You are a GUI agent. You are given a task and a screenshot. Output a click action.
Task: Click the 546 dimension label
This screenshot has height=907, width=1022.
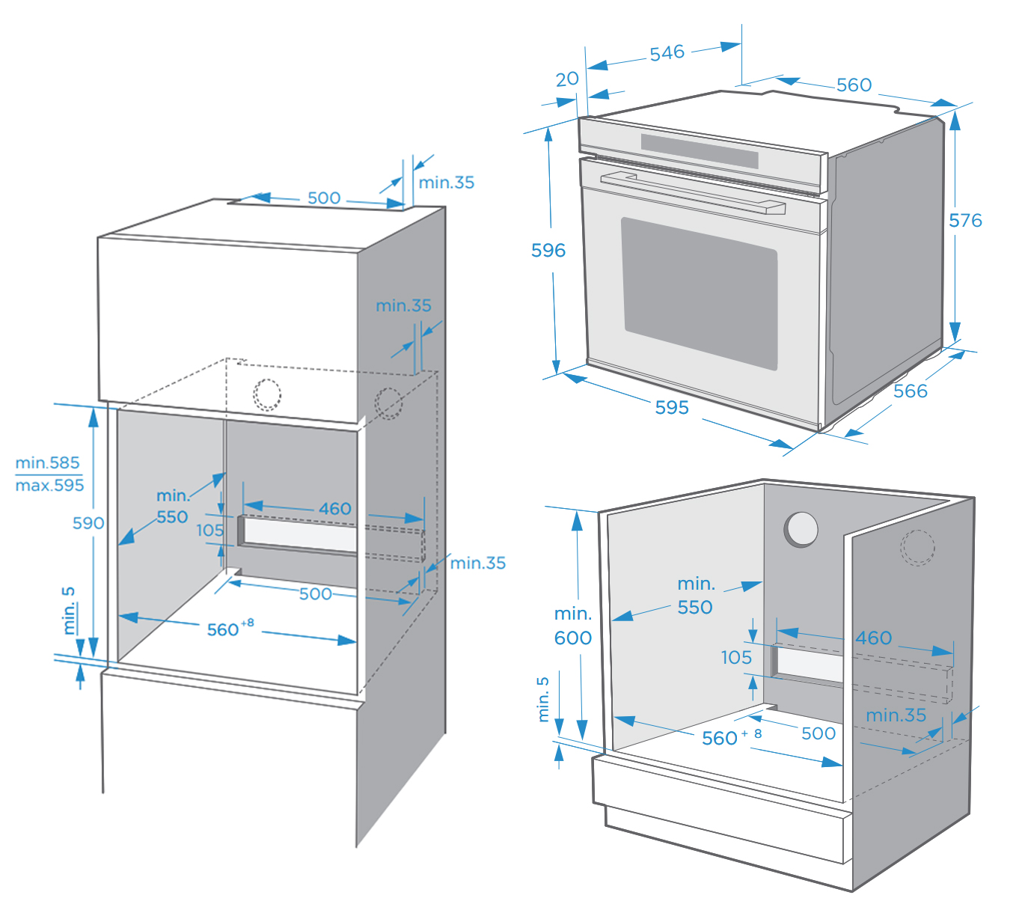(x=667, y=53)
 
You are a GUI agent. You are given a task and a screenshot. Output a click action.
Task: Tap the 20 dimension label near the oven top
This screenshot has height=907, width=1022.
(x=567, y=79)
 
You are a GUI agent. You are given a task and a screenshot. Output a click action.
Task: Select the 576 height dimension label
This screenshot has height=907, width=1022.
(x=965, y=221)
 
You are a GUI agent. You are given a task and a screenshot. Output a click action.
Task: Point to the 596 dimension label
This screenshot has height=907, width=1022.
(x=548, y=251)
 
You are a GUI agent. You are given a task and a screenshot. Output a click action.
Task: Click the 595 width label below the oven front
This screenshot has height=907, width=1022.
(x=672, y=408)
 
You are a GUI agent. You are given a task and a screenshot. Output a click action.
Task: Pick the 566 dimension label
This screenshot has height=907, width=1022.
(x=910, y=391)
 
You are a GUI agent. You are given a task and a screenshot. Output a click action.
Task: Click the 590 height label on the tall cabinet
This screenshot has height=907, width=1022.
(x=88, y=523)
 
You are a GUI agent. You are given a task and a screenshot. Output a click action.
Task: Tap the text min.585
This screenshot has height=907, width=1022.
(x=47, y=462)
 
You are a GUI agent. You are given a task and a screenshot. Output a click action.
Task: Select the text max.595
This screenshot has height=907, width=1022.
(x=49, y=486)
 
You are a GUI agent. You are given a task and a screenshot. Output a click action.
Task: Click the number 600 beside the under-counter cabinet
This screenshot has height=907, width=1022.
(x=572, y=638)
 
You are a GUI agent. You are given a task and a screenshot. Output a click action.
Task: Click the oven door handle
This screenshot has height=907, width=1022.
(x=692, y=192)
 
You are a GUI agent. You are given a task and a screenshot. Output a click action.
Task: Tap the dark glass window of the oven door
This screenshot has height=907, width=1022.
(x=700, y=292)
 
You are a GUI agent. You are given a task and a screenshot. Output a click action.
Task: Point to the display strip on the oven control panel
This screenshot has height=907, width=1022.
(x=700, y=150)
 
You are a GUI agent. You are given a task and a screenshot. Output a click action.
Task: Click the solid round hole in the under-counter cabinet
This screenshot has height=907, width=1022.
(x=801, y=529)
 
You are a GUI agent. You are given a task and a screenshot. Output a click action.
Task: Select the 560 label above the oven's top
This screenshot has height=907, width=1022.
(x=854, y=85)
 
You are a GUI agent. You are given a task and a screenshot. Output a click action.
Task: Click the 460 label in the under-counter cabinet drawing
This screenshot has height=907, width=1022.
(x=874, y=638)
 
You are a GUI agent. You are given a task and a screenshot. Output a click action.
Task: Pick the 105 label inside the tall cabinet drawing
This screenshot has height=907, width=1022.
(x=210, y=531)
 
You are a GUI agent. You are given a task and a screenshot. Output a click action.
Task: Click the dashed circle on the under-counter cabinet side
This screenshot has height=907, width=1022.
(x=917, y=547)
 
